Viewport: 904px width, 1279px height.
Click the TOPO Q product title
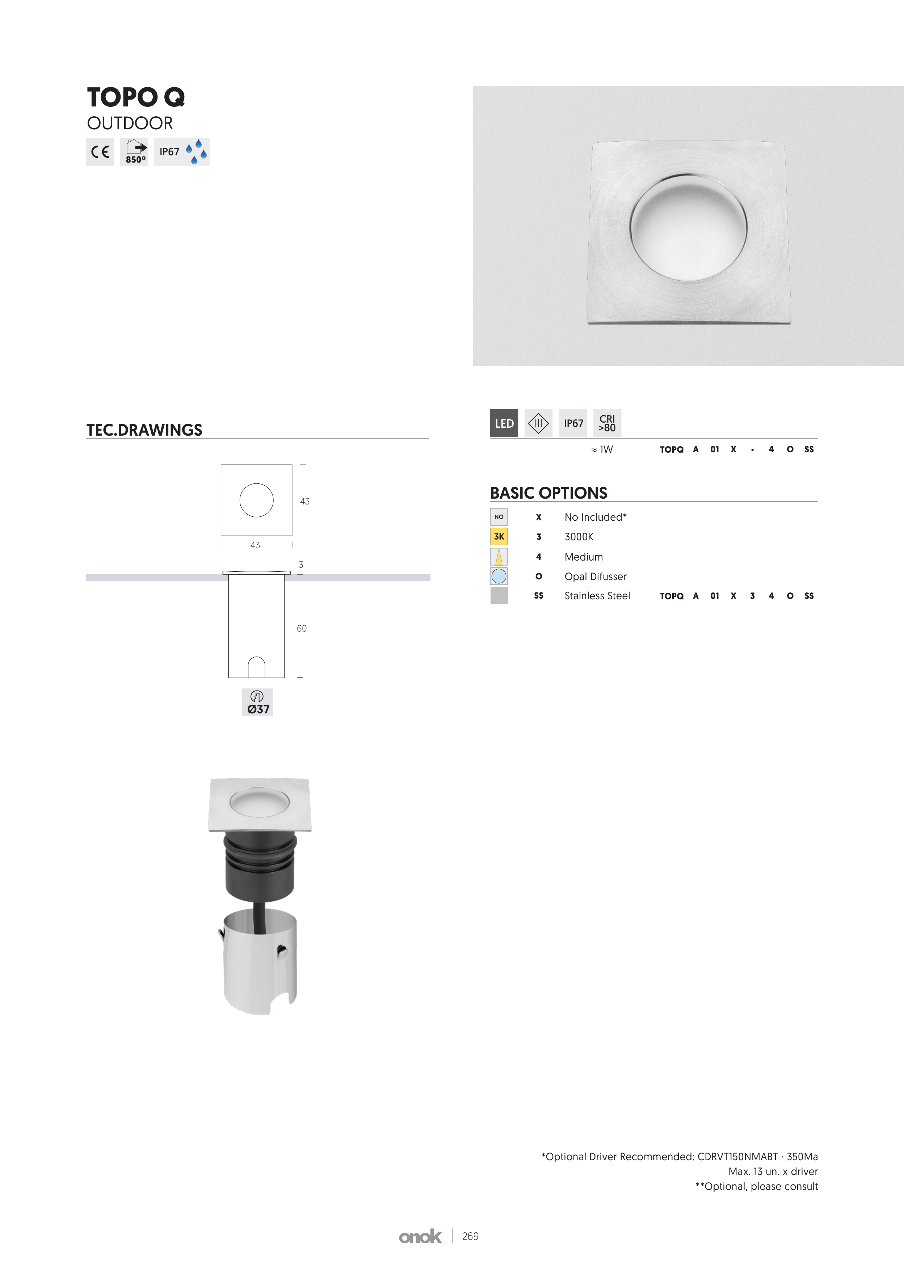[136, 97]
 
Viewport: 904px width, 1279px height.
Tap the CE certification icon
[100, 151]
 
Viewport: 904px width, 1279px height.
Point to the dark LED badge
[504, 423]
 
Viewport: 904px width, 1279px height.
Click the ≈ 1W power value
[602, 449]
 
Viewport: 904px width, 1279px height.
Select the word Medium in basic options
[584, 557]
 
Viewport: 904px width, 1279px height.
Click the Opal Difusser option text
[596, 576]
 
